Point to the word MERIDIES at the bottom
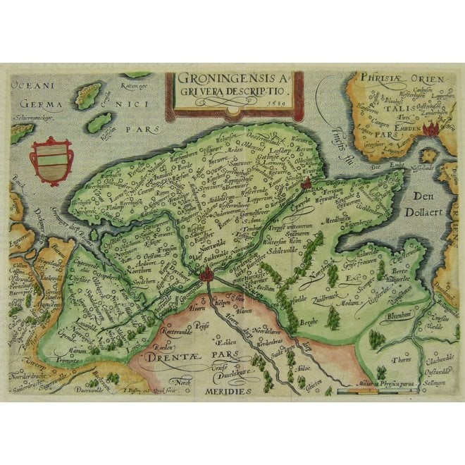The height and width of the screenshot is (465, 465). click(x=228, y=390)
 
